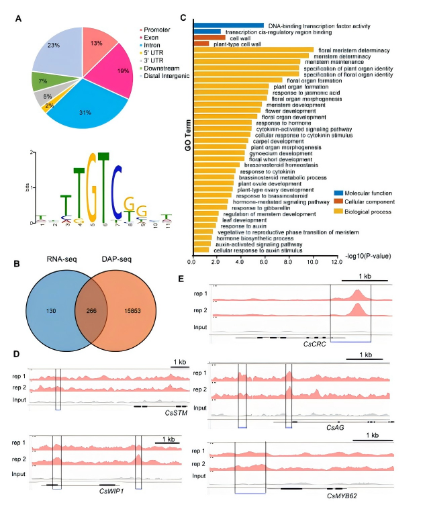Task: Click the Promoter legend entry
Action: click(159, 29)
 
